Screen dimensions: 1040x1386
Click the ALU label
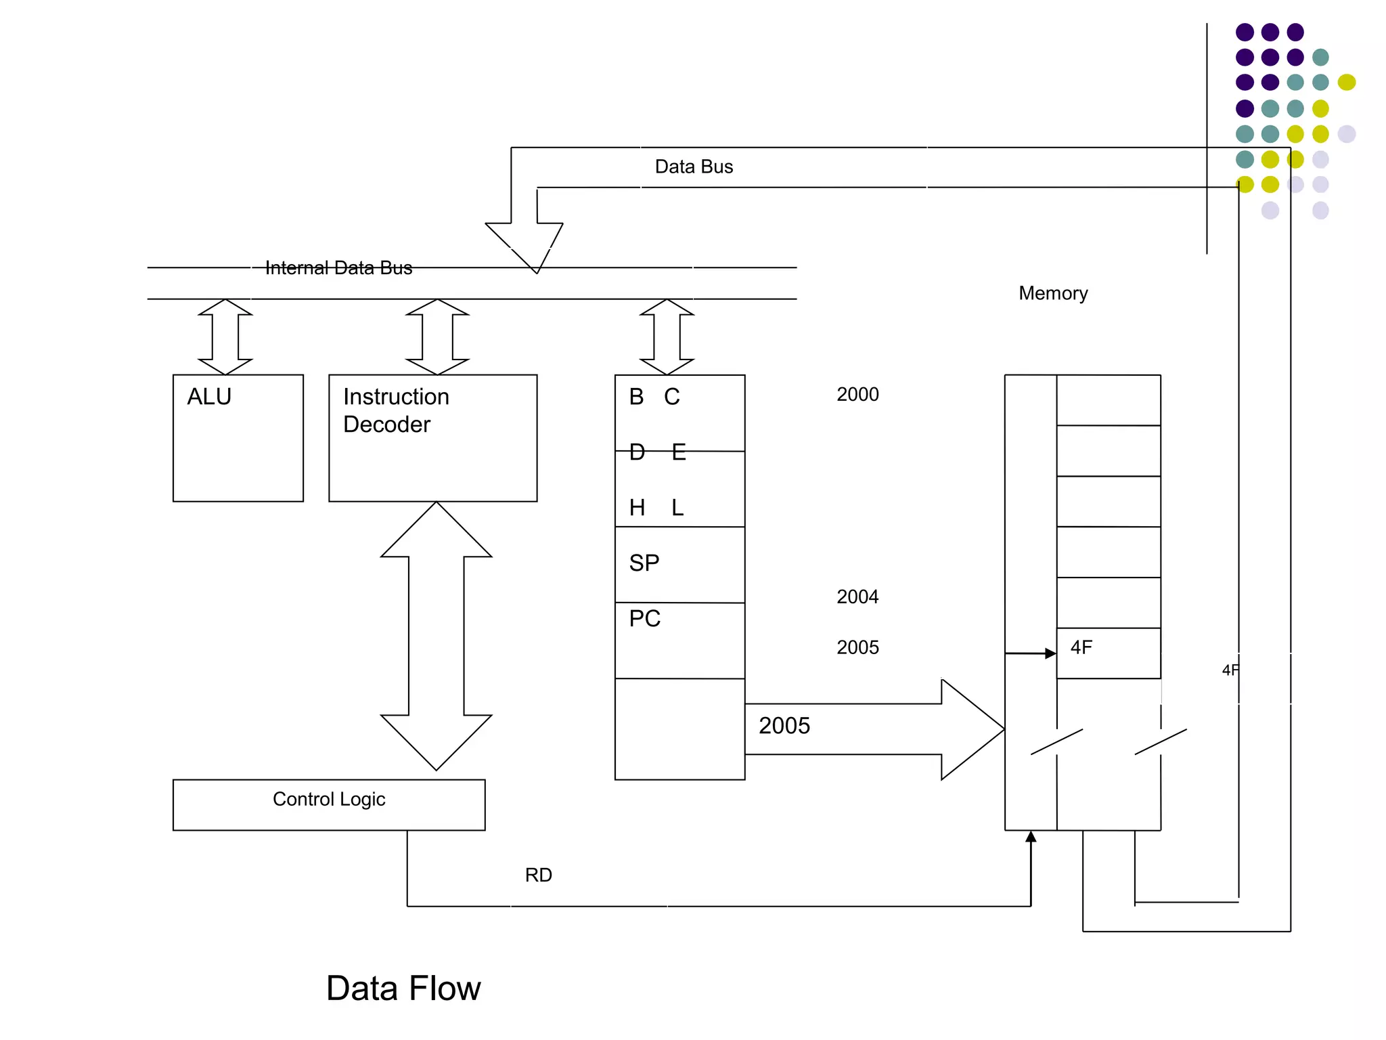(x=209, y=397)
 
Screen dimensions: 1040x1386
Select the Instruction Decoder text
(x=396, y=410)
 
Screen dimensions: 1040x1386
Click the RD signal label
(x=539, y=875)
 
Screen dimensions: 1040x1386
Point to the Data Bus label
(x=694, y=167)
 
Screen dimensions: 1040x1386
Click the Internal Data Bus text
(x=338, y=268)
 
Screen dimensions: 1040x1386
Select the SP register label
(x=644, y=563)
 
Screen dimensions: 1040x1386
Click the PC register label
(x=644, y=619)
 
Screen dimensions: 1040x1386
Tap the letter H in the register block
(x=637, y=508)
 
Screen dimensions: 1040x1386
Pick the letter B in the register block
(x=636, y=397)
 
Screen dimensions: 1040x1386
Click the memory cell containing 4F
(x=1108, y=653)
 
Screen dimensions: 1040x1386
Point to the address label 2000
(x=857, y=395)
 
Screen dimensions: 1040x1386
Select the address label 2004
(x=857, y=597)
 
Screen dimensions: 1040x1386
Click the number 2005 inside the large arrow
(x=784, y=726)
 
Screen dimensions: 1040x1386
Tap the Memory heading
(x=1053, y=293)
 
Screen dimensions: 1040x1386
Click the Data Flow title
(x=403, y=988)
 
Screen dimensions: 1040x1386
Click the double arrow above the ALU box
(x=225, y=337)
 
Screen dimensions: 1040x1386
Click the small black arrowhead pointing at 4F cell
(x=1050, y=653)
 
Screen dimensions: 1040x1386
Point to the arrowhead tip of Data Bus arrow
(x=537, y=271)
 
